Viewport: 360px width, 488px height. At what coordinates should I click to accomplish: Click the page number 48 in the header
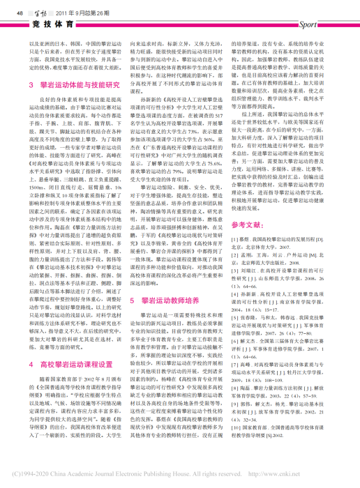click(x=20, y=11)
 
